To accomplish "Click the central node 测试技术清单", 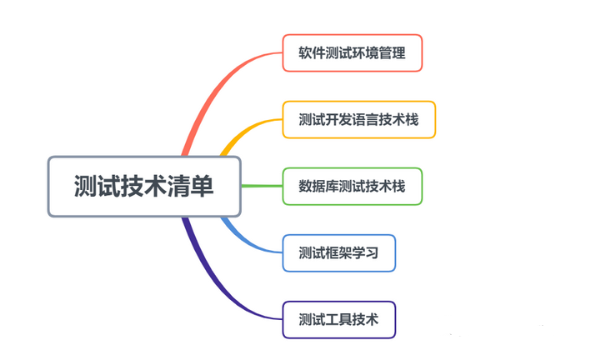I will point(143,186).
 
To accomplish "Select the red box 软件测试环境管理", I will point(352,52).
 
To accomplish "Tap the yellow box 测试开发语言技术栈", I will point(358,119).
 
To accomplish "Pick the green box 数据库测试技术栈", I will point(352,186).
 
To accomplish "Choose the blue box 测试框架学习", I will point(338,252).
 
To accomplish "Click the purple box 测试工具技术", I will point(338,319).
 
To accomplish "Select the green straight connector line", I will point(262,186).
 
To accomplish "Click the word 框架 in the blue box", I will point(338,252).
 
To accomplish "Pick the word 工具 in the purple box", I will point(338,319).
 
